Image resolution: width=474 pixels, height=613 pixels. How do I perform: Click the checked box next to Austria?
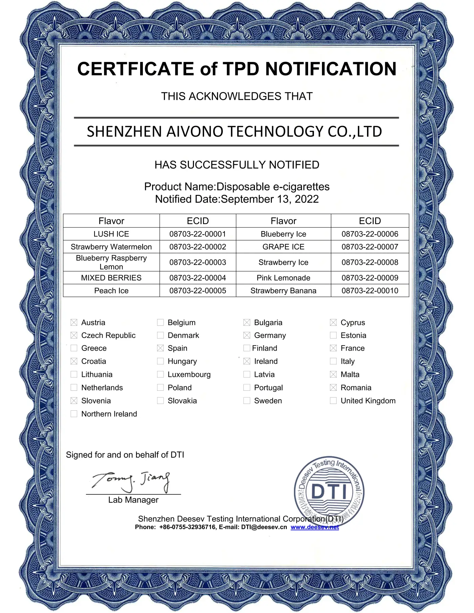click(74, 322)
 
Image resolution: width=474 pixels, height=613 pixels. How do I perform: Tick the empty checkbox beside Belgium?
click(160, 322)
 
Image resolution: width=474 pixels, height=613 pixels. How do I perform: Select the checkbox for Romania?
click(333, 387)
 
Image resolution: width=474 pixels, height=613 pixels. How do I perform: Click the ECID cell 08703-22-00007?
click(370, 247)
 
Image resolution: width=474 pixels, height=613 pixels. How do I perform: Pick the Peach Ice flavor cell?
click(111, 291)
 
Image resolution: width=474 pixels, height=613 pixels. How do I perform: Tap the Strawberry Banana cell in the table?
click(283, 291)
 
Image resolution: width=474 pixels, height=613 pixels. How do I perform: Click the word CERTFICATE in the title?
click(135, 69)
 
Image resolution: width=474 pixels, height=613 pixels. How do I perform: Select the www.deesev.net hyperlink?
click(315, 527)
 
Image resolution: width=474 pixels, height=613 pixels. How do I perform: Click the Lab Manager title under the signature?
click(133, 500)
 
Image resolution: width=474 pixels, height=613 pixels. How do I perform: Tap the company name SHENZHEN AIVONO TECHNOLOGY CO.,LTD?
click(234, 132)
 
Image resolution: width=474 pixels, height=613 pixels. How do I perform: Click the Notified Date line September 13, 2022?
click(237, 199)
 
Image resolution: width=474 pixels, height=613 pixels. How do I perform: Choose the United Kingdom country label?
click(368, 401)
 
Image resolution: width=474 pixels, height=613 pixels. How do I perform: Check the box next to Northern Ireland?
click(74, 414)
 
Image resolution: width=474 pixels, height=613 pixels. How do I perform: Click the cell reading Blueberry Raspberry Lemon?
click(111, 262)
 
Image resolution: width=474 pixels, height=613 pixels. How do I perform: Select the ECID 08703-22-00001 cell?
click(198, 234)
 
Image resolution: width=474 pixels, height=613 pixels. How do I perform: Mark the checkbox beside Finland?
click(247, 348)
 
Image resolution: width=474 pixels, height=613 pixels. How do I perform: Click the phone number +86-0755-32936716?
click(187, 527)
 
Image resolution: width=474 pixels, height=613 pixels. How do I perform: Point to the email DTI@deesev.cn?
click(264, 527)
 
